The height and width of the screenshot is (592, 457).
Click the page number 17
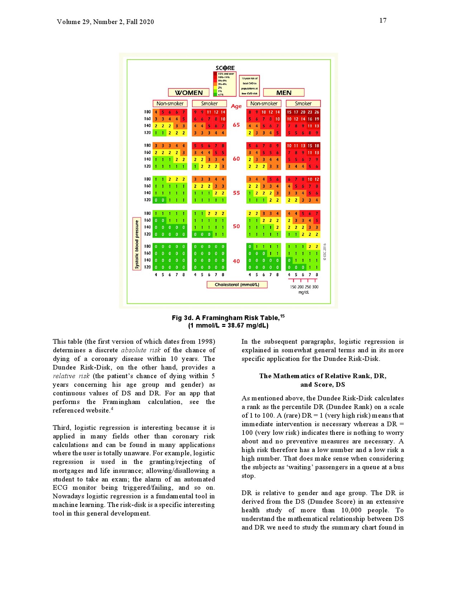[x=383, y=20]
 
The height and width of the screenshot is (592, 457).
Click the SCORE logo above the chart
[x=225, y=68]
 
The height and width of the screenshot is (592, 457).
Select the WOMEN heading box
[x=189, y=93]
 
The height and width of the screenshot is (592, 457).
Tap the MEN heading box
[x=284, y=93]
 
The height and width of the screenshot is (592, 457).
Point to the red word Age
[x=236, y=106]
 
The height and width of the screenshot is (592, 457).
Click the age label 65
[x=236, y=125]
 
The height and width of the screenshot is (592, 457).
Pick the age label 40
[x=236, y=261]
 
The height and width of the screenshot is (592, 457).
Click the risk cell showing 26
[x=317, y=112]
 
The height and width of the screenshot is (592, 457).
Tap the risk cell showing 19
[x=317, y=119]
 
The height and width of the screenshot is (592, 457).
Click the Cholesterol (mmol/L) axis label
[x=237, y=285]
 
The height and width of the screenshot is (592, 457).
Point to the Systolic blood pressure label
[x=137, y=244]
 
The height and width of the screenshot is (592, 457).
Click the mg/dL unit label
[x=303, y=292]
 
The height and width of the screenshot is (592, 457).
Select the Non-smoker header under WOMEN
[x=170, y=104]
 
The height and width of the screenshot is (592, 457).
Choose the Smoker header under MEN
[x=303, y=104]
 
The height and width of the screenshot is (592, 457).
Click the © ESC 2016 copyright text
[x=325, y=252]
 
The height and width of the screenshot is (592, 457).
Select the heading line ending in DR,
[x=323, y=376]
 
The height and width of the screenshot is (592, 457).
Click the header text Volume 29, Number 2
[x=90, y=22]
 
